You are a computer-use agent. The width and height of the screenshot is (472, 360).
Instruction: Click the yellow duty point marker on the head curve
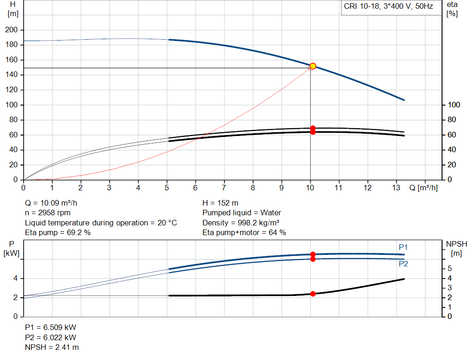pyautogui.click(x=313, y=66)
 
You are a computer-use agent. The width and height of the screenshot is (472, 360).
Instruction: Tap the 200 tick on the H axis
pyautogui.click(x=11, y=30)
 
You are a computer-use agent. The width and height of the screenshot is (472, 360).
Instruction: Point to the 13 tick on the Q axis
pyautogui.click(x=396, y=188)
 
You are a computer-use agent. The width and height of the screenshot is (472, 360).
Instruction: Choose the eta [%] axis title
pyautogui.click(x=452, y=9)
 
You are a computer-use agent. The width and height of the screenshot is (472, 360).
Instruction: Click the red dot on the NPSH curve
pyautogui.click(x=313, y=294)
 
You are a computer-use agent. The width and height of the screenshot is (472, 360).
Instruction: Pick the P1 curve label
pyautogui.click(x=403, y=248)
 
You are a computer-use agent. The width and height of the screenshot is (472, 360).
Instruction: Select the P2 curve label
pyautogui.click(x=403, y=264)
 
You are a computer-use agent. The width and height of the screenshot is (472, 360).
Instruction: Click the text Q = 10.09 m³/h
pyautogui.click(x=54, y=203)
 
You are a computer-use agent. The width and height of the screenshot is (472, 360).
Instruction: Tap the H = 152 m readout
pyautogui.click(x=220, y=203)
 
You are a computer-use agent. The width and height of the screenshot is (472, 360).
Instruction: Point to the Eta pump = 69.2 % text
pyautogui.click(x=58, y=233)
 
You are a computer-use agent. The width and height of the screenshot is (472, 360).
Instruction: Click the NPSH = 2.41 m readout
pyautogui.click(x=52, y=347)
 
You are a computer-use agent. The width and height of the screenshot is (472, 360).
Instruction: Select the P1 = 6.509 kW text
pyautogui.click(x=51, y=327)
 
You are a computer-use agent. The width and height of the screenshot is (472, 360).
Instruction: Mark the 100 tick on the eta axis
pyautogui.click(x=454, y=105)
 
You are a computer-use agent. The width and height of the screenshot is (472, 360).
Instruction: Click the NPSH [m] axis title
pyautogui.click(x=454, y=248)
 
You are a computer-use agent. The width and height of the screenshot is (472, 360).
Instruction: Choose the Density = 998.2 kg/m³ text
pyautogui.click(x=241, y=223)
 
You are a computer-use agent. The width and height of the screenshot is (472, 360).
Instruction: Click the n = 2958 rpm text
pyautogui.click(x=48, y=213)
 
